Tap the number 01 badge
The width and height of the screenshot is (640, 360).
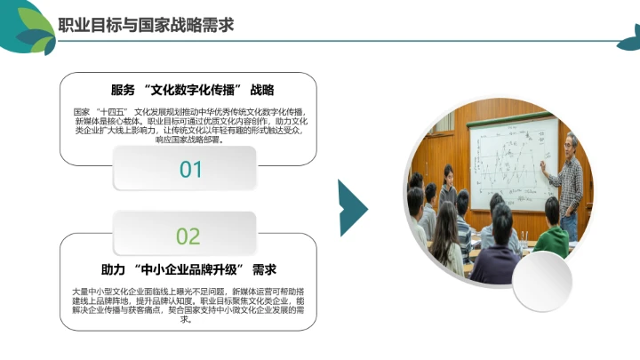click(190, 168)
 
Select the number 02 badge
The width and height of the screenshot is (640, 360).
click(188, 236)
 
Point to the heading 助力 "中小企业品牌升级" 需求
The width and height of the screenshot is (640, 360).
click(188, 269)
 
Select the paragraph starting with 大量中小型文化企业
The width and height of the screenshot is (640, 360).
click(188, 305)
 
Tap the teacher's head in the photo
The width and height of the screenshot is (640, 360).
click(571, 142)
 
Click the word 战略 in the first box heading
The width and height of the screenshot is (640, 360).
click(261, 90)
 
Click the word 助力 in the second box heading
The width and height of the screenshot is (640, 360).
click(112, 269)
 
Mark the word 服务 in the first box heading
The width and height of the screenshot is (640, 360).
click(123, 90)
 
